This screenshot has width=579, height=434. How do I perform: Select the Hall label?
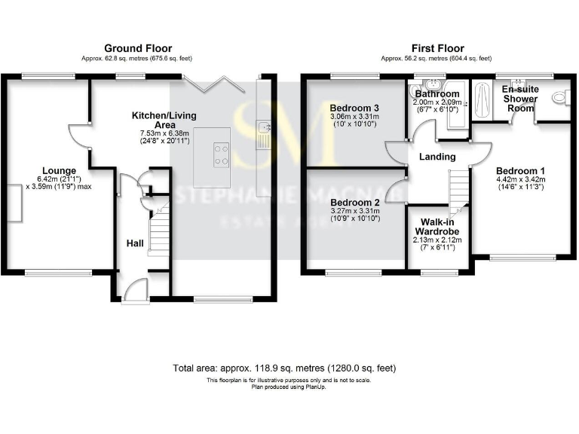pos(135,243)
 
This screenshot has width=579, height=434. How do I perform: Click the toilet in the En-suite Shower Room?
pos(559,97)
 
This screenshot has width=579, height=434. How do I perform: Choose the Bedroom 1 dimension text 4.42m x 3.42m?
pos(520,179)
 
